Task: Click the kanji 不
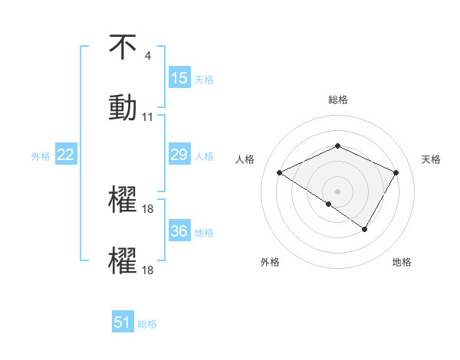coord(123,47)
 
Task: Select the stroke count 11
coord(148,117)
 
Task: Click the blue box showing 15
coord(179,78)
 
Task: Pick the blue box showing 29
coord(179,155)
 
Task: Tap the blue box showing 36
coord(179,231)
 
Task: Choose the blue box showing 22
coord(66,155)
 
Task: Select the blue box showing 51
coord(123,322)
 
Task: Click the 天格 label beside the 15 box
coord(204,79)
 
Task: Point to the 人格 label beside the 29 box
coord(204,155)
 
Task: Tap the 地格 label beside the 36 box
coord(204,232)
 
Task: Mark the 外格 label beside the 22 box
coord(41,155)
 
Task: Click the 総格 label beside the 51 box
coord(147,323)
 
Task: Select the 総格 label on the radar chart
coord(337,100)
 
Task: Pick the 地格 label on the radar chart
coord(402,262)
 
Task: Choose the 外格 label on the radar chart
coord(270,262)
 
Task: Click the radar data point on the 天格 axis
coord(396,173)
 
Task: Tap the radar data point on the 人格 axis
coord(280,173)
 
